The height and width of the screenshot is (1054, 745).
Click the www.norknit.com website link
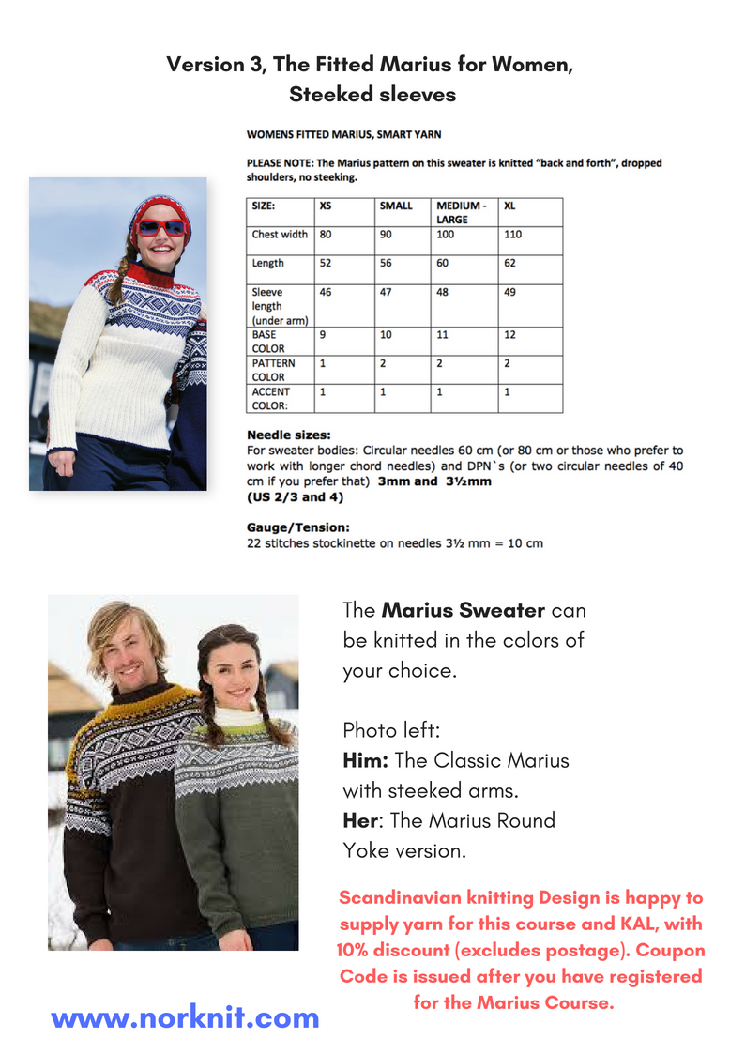[x=185, y=1017]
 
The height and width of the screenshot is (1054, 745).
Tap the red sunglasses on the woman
[x=160, y=227]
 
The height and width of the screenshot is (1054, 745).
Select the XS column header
[x=326, y=205]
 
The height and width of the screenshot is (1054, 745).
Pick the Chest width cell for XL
[x=513, y=234]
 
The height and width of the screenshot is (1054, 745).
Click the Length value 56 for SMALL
[x=385, y=263]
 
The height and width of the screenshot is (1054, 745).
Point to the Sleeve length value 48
[x=442, y=292]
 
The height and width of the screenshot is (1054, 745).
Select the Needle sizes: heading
[x=288, y=435]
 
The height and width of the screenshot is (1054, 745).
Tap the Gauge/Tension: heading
[x=295, y=528]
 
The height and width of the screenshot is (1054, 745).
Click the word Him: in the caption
[x=366, y=760]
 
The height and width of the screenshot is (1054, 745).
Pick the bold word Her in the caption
[x=360, y=820]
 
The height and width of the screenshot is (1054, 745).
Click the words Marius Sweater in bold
[x=464, y=610]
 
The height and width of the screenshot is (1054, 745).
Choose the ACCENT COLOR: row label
[x=271, y=398]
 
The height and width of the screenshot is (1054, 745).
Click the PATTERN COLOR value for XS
[x=324, y=363]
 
